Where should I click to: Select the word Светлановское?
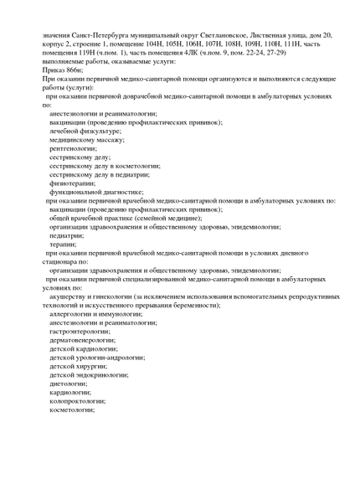224,36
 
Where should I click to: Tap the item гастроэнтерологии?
81,331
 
